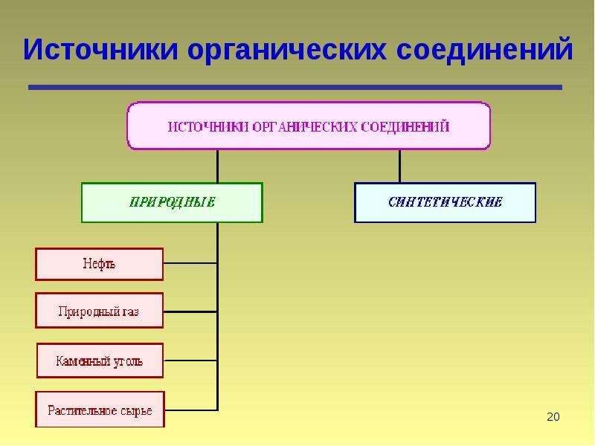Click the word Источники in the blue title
coord(100,49)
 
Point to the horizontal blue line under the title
coord(295,87)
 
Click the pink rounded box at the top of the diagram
coord(309,126)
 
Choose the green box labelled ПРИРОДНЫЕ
coord(172,202)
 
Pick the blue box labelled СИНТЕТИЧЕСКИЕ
coord(445,202)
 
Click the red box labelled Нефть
coord(100,265)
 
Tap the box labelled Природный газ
coord(100,310)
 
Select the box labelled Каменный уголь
coord(100,361)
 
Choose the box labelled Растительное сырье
coord(100,410)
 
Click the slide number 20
coord(553,417)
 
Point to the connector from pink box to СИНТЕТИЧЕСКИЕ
coord(399,166)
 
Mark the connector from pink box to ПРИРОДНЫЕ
coord(217,166)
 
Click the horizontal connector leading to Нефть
coord(190,263)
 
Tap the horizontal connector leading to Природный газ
coord(190,311)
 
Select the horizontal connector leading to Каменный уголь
coord(190,361)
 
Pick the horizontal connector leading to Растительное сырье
coord(191,410)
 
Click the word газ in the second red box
coord(130,311)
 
